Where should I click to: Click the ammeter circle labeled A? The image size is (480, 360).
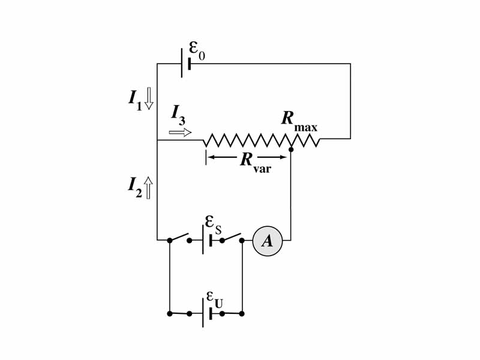(x=267, y=241)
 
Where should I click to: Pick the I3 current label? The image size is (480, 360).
(x=178, y=113)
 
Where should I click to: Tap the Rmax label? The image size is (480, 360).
(x=299, y=121)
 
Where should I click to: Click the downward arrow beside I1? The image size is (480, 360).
(x=149, y=98)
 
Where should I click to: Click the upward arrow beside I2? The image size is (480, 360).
(x=149, y=187)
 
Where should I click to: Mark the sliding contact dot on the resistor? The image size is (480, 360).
(x=290, y=149)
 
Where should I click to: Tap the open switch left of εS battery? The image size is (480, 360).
(x=179, y=238)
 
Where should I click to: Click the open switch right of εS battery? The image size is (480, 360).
(x=232, y=238)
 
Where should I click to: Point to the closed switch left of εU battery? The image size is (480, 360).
(x=179, y=313)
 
